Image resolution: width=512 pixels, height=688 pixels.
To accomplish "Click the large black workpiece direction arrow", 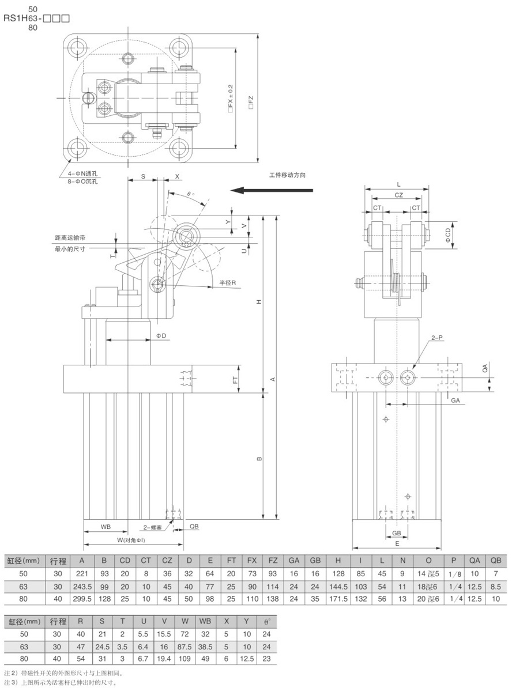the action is point(272,190).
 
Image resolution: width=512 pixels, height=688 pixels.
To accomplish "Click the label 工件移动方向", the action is point(287,175).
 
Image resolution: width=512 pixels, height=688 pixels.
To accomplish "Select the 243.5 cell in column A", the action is point(82,587).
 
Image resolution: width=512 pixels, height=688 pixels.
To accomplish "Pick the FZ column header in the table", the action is point(273,560).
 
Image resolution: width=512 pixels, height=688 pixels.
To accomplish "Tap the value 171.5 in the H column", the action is point(338,599).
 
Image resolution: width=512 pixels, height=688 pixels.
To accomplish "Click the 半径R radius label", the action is point(227,283).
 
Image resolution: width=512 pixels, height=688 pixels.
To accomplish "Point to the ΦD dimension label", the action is point(161,336).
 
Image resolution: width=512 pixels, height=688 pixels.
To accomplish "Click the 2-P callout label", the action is point(436,338).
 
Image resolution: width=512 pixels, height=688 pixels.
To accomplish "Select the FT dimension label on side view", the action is point(235,380).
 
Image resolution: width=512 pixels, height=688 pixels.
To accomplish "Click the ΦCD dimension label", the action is point(448,235).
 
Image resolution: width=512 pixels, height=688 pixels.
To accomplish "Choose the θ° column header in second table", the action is point(266,621).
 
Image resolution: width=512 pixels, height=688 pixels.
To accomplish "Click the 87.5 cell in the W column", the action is point(185,647).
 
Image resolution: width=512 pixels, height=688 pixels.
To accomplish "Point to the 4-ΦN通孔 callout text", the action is point(80,174).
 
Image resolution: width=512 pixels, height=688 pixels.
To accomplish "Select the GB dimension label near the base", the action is point(397,533).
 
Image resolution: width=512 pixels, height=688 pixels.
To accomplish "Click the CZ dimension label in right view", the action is point(398,195).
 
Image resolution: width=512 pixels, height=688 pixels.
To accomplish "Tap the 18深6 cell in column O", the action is point(428,587).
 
